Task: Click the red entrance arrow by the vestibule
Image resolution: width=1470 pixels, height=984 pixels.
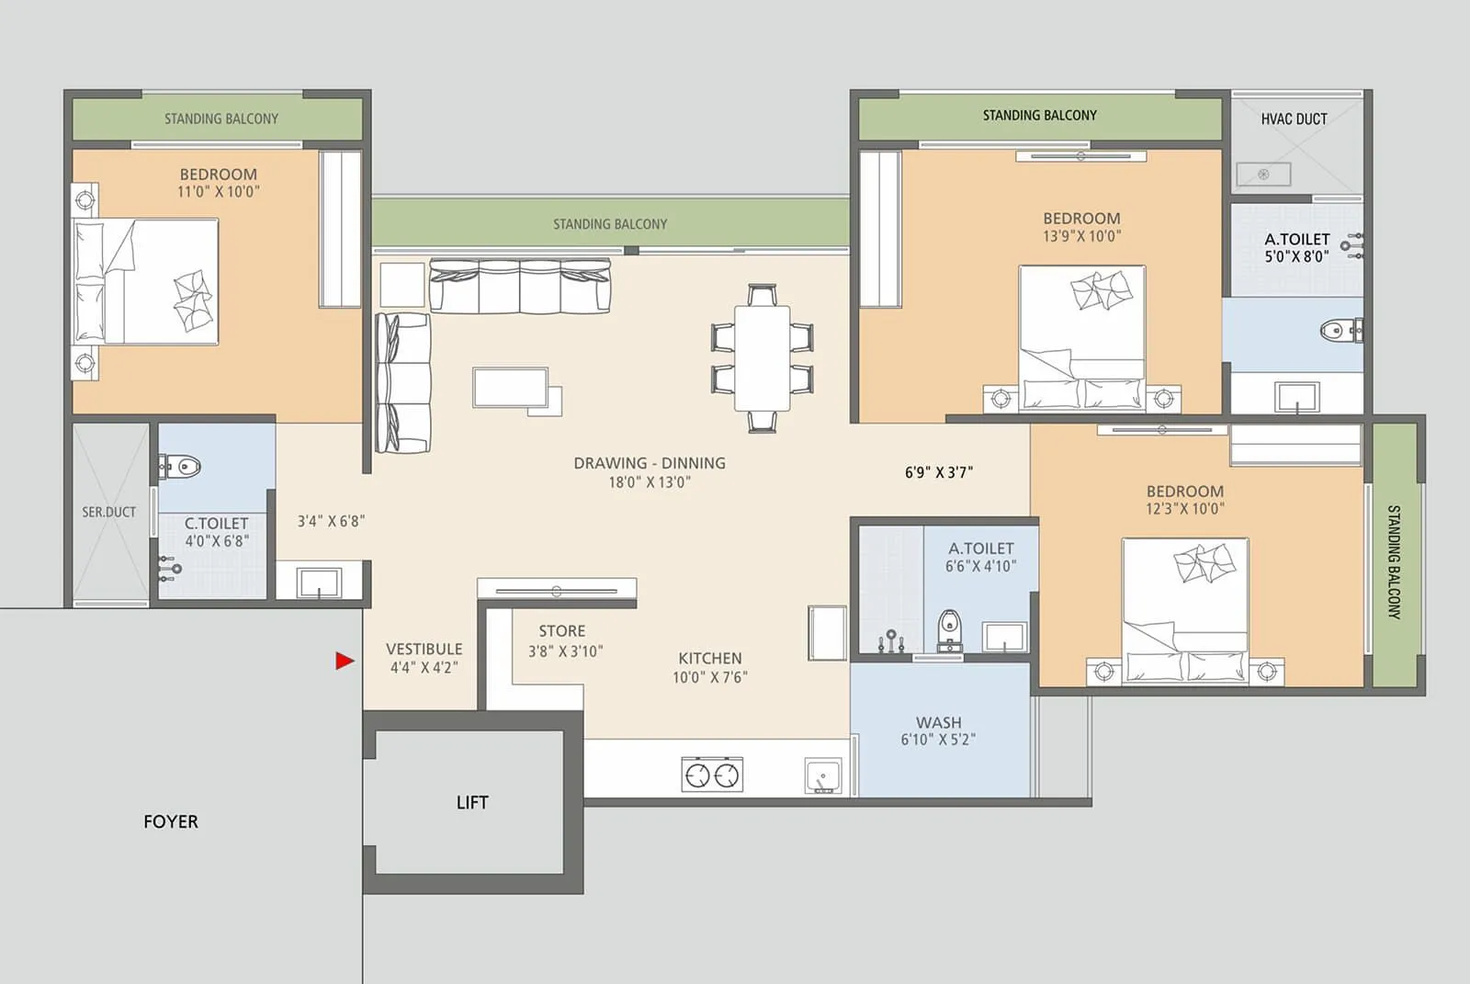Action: coord(345,661)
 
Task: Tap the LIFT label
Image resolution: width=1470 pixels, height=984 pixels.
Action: coord(472,803)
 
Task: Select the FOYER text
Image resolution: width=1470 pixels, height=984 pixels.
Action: coord(171,821)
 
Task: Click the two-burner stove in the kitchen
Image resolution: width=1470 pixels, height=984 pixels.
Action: coord(712,775)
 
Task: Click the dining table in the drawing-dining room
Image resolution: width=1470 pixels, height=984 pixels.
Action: coord(762,358)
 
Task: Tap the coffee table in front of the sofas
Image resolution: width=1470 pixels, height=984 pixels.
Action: coord(511,388)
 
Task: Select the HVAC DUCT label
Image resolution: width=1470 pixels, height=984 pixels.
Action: coord(1294,119)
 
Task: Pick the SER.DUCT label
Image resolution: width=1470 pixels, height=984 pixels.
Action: coord(108,512)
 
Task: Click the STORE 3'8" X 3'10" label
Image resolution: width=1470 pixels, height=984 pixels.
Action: coord(564,641)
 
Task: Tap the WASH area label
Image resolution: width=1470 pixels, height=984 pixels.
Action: coord(938,730)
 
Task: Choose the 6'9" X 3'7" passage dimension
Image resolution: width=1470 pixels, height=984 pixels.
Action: coord(938,472)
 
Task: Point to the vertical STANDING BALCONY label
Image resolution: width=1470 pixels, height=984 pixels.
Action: coord(1393,561)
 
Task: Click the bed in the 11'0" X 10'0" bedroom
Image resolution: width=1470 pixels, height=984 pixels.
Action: coord(147,281)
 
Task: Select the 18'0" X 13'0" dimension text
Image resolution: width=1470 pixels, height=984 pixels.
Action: coord(649,482)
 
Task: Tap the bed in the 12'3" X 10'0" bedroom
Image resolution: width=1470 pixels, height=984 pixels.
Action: coord(1185,608)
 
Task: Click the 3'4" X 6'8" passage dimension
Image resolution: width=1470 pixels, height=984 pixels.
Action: coord(331,521)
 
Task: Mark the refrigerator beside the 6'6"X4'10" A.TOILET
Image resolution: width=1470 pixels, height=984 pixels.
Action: coord(827,632)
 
